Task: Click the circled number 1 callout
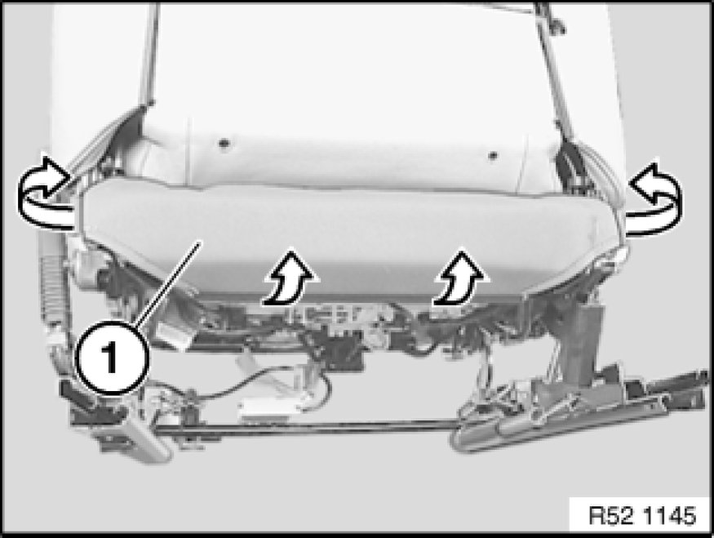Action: pyautogui.click(x=111, y=358)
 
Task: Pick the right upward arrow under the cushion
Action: pyautogui.click(x=460, y=277)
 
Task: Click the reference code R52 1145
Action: pyautogui.click(x=642, y=515)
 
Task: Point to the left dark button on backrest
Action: pyautogui.click(x=224, y=144)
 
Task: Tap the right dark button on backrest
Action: pyautogui.click(x=492, y=156)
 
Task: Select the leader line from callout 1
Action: pyautogui.click(x=167, y=283)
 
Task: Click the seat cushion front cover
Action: pyautogui.click(x=351, y=237)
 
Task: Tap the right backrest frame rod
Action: pyautogui.click(x=553, y=69)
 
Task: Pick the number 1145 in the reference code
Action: pyautogui.click(x=670, y=515)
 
